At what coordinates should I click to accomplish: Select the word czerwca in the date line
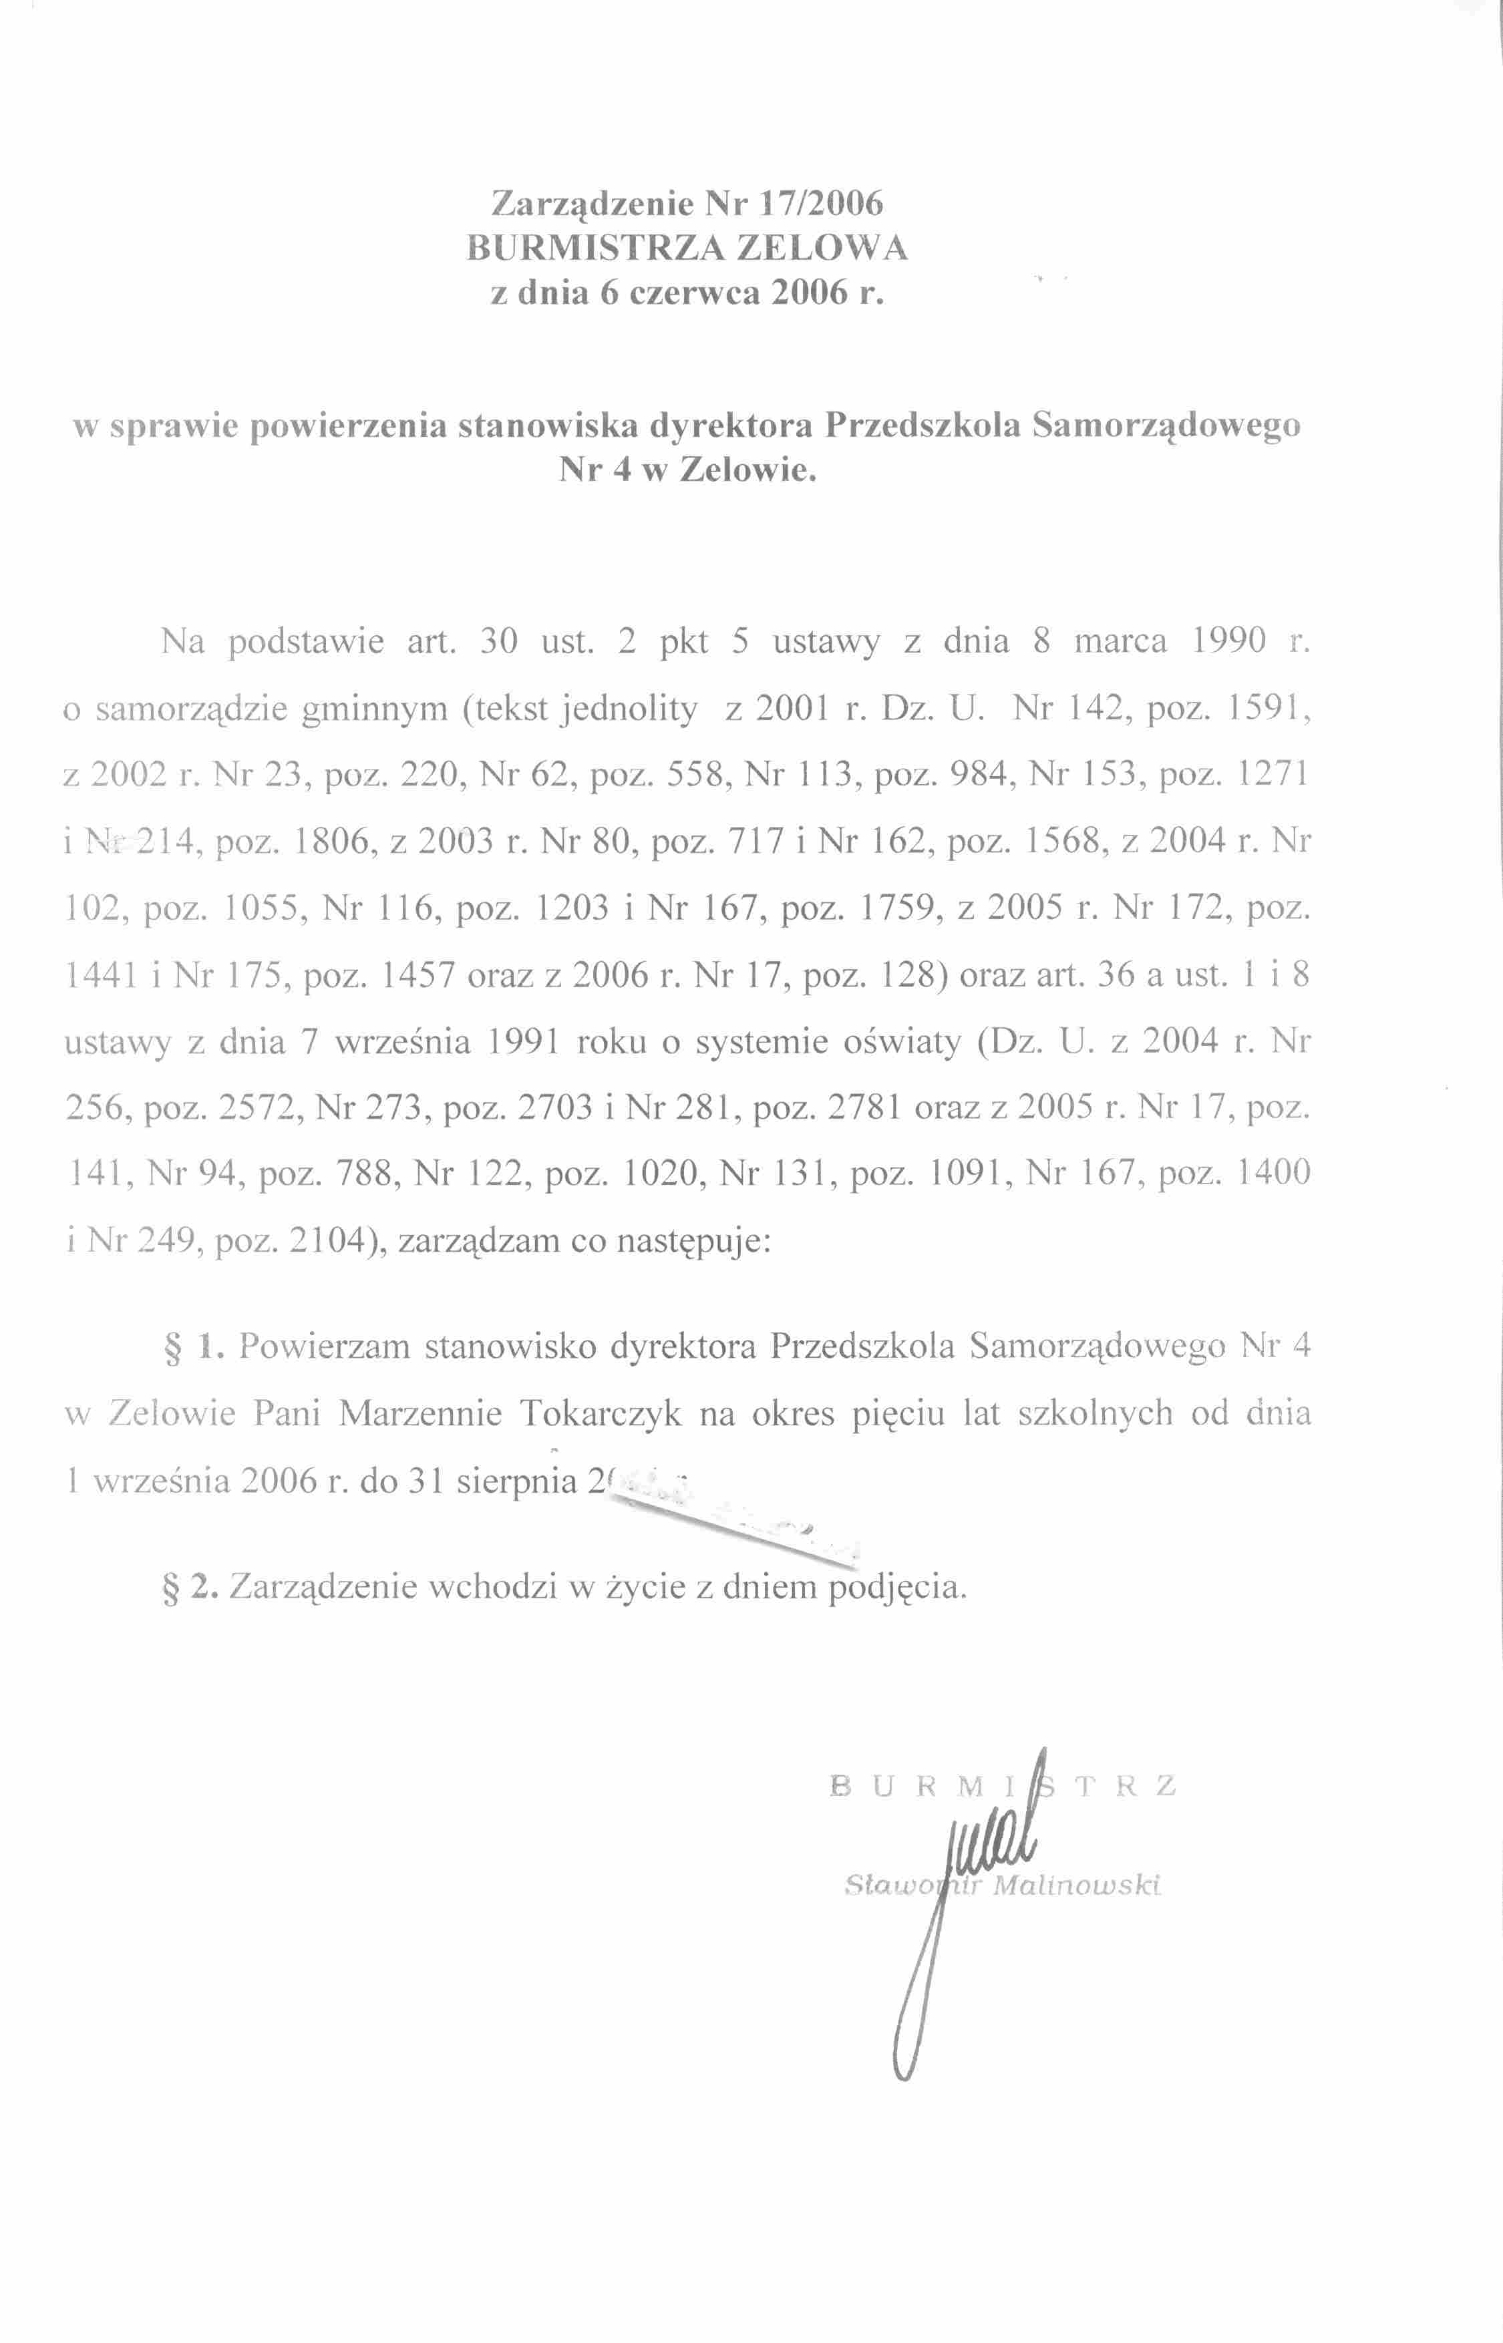coord(694,293)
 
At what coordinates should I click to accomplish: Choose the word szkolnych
coord(1095,1414)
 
